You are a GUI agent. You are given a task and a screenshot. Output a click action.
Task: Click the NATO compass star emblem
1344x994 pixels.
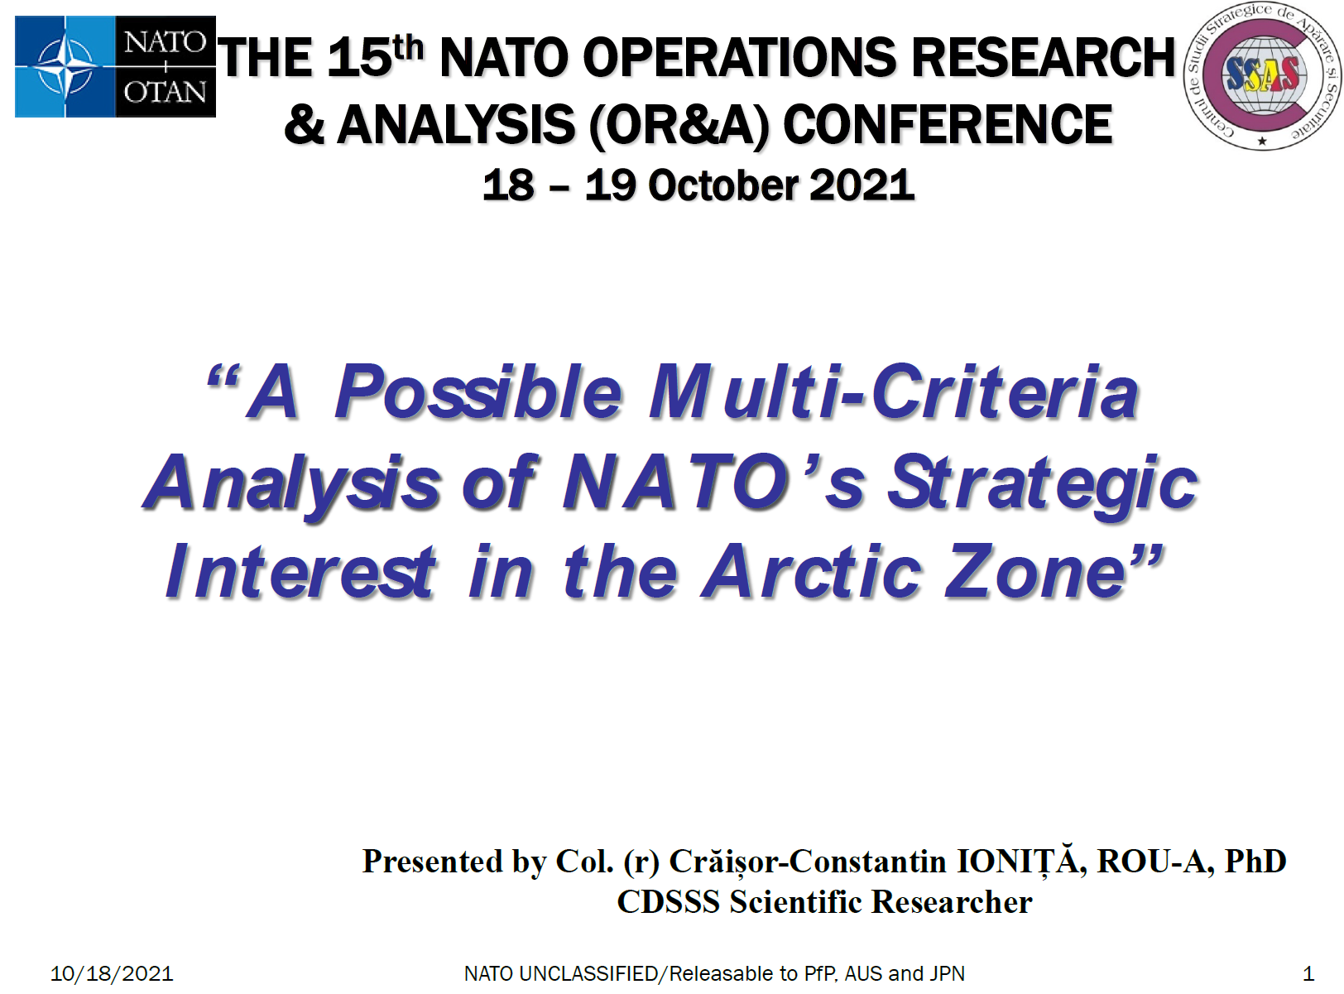pos(65,67)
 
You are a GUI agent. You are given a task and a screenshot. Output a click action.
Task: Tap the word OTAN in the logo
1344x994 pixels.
pos(165,93)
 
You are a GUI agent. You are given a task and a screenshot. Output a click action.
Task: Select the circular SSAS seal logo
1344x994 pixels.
pos(1262,76)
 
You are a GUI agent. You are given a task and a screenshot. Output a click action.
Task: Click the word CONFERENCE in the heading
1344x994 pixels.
pos(948,124)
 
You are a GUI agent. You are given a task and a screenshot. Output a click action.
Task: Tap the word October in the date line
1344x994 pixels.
pos(723,185)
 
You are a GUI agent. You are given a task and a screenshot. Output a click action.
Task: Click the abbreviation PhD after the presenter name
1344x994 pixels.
pos(1255,862)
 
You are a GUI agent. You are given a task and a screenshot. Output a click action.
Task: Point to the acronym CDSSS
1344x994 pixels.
pos(669,902)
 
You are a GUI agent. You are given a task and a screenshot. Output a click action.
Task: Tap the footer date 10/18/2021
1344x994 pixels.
pos(112,974)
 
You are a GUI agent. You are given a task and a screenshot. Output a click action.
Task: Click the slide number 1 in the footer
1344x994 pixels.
pos(1308,974)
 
